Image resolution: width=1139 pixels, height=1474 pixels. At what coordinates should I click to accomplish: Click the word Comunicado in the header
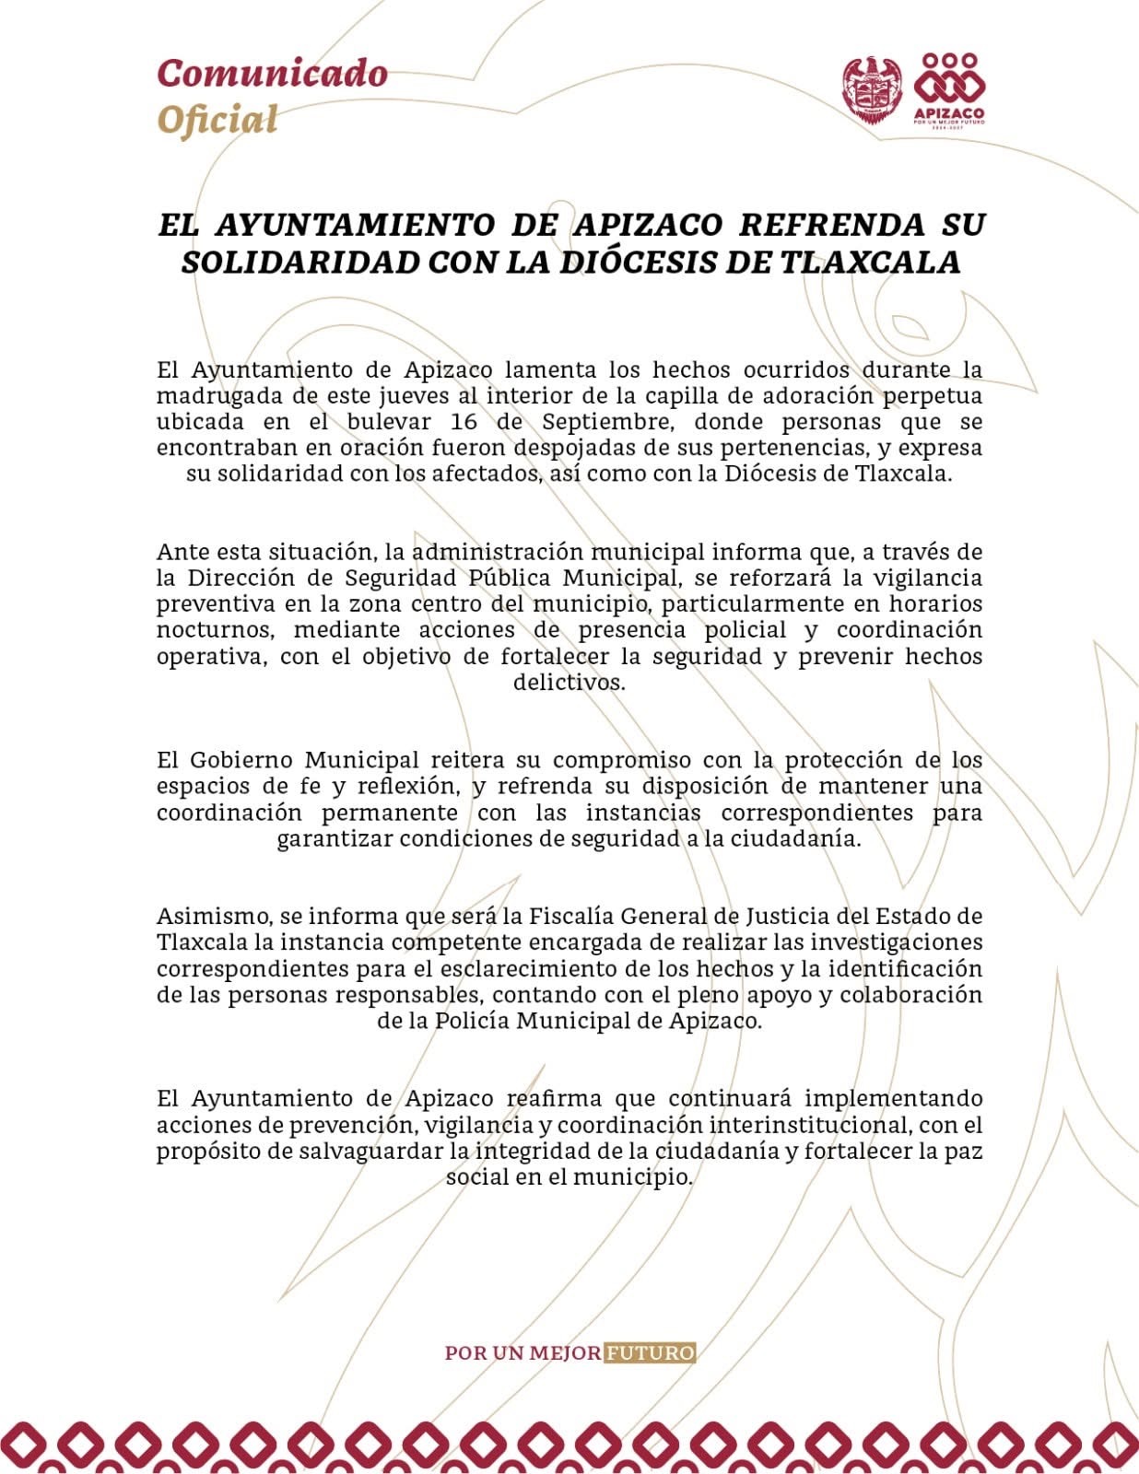point(272,73)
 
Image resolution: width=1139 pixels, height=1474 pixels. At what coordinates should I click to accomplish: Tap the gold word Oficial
point(217,120)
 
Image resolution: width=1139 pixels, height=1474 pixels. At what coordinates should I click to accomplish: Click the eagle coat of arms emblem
point(871,88)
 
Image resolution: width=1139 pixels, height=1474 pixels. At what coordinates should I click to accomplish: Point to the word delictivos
point(569,684)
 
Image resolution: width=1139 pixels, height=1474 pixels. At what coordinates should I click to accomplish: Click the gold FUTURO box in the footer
point(651,1353)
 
